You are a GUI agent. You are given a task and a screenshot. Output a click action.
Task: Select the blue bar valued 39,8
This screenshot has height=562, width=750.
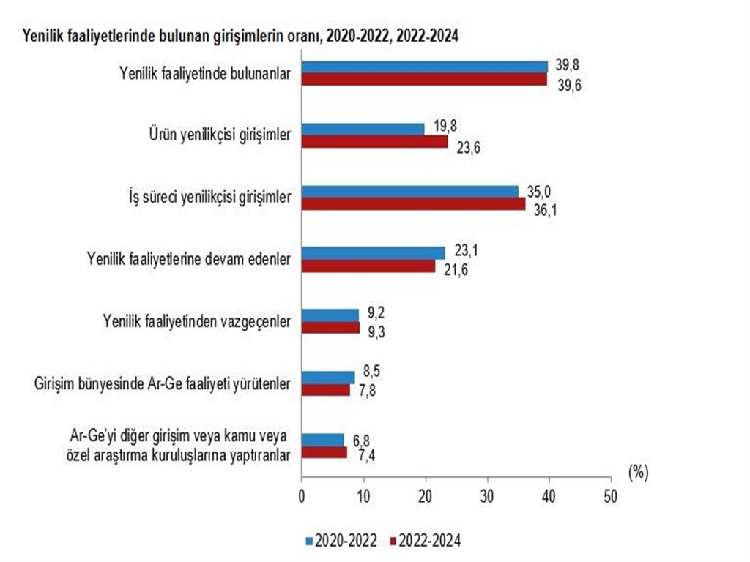pos(425,67)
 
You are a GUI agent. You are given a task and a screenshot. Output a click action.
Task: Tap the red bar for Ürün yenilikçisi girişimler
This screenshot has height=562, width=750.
pos(374,142)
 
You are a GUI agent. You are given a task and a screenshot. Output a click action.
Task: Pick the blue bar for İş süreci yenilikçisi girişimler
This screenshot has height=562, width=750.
pos(410,192)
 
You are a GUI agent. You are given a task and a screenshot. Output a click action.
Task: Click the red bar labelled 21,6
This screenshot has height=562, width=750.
pos(368,266)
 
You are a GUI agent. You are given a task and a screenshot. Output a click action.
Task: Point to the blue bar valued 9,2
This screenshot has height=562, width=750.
pos(330,315)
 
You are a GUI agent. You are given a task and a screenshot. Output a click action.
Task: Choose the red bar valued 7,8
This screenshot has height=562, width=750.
pos(326,390)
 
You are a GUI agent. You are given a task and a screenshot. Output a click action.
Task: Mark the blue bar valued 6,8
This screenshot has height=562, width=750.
pos(323,440)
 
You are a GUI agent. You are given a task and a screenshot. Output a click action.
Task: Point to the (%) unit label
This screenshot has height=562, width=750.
pos(638,473)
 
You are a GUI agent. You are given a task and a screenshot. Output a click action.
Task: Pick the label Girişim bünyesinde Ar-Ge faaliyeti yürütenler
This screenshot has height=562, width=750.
pos(163,383)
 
